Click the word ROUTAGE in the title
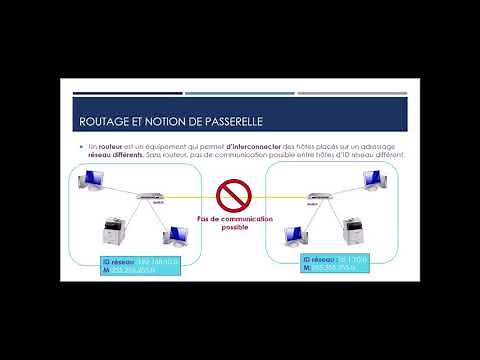(103, 121)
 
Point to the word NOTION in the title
(156, 121)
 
